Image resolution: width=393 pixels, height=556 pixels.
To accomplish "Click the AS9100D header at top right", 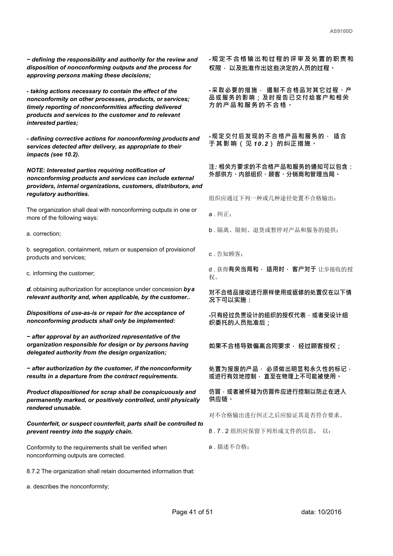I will (341, 31).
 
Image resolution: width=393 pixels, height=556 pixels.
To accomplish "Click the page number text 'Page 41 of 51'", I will (192, 512).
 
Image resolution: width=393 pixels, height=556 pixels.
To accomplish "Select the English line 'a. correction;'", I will (44, 234).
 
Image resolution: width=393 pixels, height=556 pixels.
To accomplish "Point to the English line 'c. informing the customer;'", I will (61, 273).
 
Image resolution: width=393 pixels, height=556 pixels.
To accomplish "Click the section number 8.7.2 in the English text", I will (33, 471).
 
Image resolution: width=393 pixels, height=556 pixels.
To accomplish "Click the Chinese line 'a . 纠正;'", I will (220, 214).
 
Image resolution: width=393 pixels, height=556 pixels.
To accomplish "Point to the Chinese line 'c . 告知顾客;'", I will (226, 254).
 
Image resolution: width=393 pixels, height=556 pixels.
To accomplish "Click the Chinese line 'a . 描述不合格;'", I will (229, 447).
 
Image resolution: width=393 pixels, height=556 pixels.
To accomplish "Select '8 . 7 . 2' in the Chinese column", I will (219, 431).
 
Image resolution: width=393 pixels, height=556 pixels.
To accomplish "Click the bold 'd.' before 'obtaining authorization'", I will (29, 289).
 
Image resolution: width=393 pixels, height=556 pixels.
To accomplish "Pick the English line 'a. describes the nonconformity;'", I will (68, 487).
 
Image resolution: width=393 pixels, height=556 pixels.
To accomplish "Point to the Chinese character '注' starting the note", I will (212, 167).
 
